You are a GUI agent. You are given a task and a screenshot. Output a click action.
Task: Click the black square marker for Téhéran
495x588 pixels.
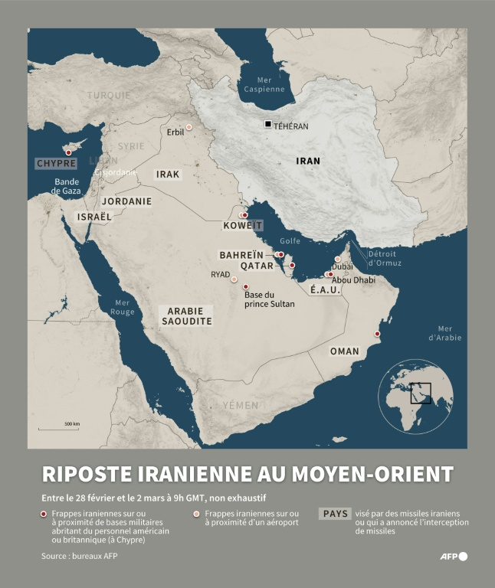pos(267,124)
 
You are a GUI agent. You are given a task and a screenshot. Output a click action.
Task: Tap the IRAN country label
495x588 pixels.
pos(308,161)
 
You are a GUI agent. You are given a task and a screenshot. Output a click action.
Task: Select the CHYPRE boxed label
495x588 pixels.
pos(57,164)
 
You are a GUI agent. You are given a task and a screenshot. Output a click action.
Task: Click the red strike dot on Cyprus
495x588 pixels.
pos(68,152)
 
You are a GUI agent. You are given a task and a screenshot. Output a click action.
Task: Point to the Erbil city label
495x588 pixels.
pos(175,132)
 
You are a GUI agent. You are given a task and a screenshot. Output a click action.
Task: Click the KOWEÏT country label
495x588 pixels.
pos(242,226)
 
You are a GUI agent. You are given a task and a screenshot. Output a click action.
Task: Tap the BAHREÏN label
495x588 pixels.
pos(241,255)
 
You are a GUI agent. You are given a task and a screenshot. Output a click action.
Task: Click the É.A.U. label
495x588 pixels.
pos(325,290)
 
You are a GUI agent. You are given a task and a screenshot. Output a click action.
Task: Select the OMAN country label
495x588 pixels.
pos(344,351)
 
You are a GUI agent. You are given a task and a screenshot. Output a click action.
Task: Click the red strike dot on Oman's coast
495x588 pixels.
pos(376,333)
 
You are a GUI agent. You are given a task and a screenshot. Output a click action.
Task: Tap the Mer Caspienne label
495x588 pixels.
pos(264,84)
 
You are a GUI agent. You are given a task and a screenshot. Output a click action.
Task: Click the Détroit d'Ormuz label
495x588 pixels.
pos(384,258)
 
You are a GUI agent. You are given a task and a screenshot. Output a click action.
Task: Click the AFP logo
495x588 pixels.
pos(453,556)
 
